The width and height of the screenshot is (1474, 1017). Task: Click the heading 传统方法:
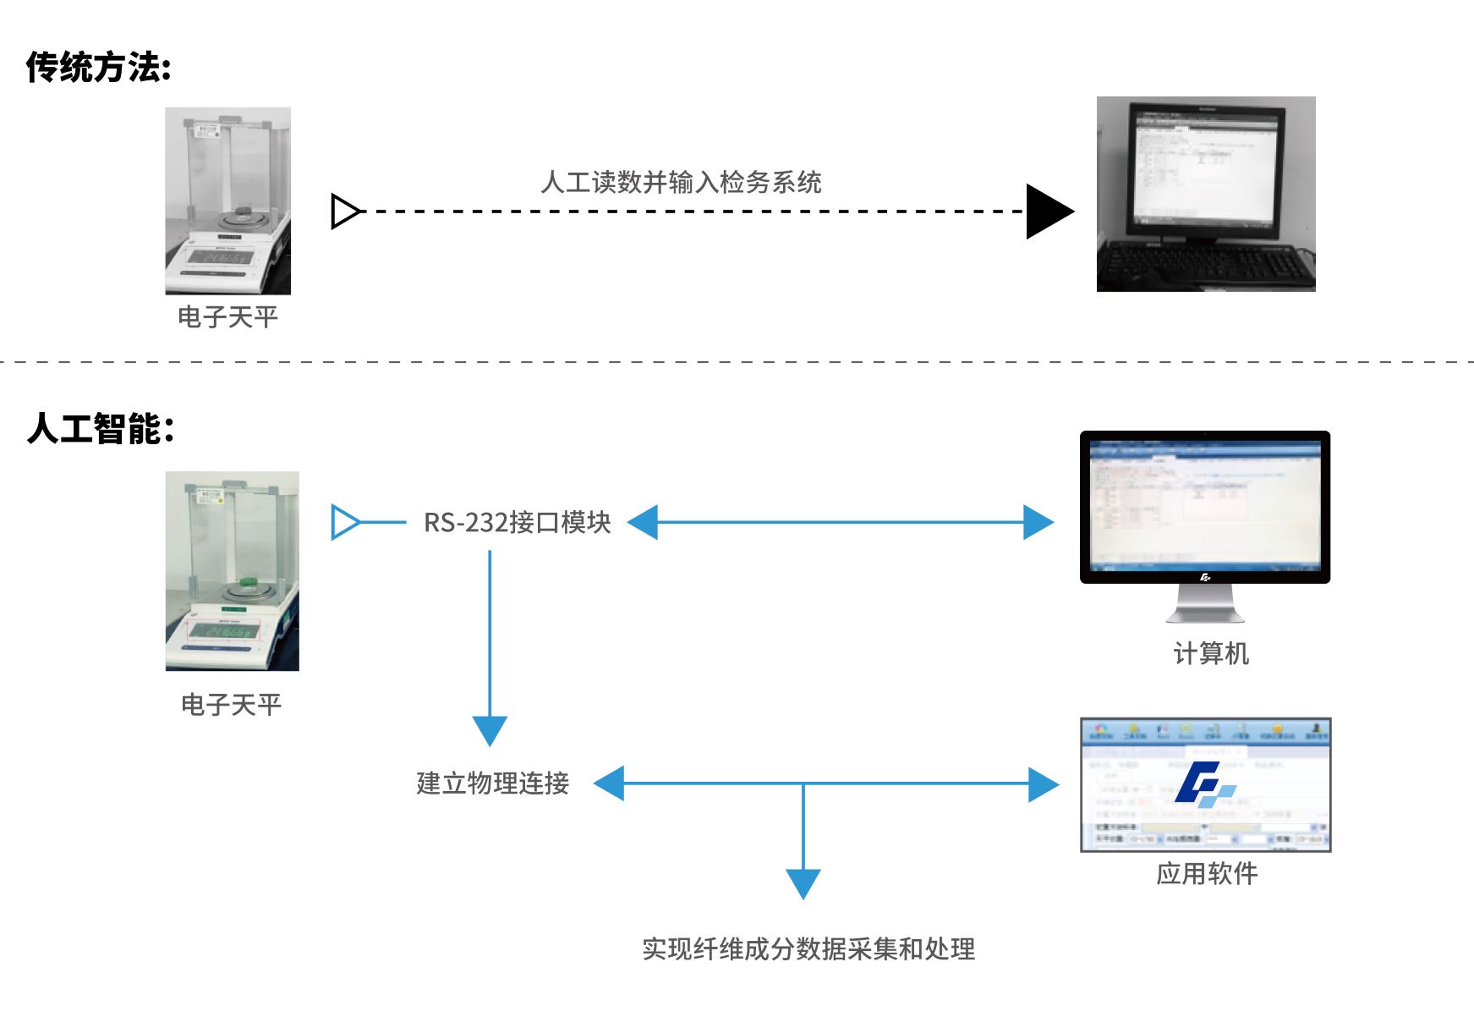pyautogui.click(x=98, y=67)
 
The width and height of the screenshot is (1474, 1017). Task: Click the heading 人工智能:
pyautogui.click(x=101, y=429)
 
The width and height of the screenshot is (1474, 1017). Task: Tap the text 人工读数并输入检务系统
pyautogui.click(x=681, y=182)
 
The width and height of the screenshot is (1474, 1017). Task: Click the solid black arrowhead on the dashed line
pyautogui.click(x=1047, y=212)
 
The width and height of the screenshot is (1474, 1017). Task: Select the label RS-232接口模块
pyautogui.click(x=517, y=523)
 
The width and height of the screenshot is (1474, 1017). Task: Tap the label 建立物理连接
pyautogui.click(x=492, y=783)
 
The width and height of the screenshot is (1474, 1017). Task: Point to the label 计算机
pyautogui.click(x=1210, y=654)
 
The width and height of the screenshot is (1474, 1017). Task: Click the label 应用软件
pyautogui.click(x=1207, y=874)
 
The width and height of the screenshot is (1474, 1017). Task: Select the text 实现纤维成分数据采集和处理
pyautogui.click(x=808, y=949)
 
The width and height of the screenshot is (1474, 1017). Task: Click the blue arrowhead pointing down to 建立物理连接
pyautogui.click(x=490, y=729)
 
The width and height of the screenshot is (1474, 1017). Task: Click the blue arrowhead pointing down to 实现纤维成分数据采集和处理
pyautogui.click(x=803, y=882)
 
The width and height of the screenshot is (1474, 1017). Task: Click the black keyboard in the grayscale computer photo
pyautogui.click(x=1204, y=265)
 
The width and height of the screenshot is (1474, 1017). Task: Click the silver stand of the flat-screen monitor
pyautogui.click(x=1205, y=604)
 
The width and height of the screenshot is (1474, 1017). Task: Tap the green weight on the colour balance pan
pyautogui.click(x=249, y=581)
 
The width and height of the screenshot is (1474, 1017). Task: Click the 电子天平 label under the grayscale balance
pyautogui.click(x=227, y=317)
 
